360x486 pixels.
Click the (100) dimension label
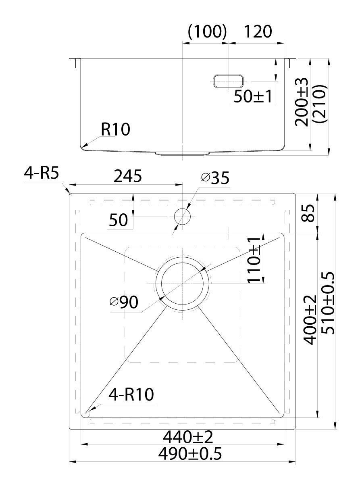pyautogui.click(x=208, y=32)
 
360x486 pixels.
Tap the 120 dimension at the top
pyautogui.click(x=258, y=32)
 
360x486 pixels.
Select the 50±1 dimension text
pyautogui.click(x=253, y=96)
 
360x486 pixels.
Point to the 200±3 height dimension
pyautogui.click(x=302, y=102)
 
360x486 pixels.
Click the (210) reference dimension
pyautogui.click(x=320, y=104)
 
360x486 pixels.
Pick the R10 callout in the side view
pyautogui.click(x=115, y=129)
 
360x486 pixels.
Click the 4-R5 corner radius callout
pyautogui.click(x=42, y=173)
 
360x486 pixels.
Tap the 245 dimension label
pyautogui.click(x=128, y=176)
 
